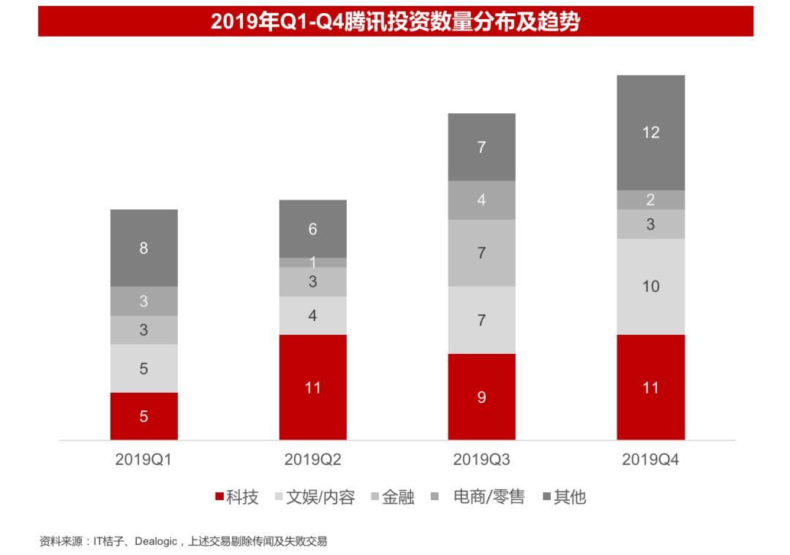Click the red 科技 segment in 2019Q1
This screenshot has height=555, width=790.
click(x=143, y=416)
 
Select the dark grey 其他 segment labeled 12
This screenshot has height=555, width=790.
click(x=650, y=132)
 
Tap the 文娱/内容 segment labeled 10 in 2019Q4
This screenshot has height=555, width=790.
click(x=650, y=286)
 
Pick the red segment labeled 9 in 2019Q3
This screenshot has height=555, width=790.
click(x=481, y=397)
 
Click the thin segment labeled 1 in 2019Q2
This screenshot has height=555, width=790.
click(x=312, y=263)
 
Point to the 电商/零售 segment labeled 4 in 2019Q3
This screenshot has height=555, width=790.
click(x=481, y=200)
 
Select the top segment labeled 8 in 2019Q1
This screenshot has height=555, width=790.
click(x=143, y=248)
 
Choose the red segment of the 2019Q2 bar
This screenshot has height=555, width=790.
click(x=312, y=388)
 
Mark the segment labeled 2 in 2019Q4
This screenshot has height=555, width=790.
click(x=650, y=200)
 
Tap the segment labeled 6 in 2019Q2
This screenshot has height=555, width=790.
click(x=312, y=229)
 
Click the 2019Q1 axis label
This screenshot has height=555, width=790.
click(x=143, y=460)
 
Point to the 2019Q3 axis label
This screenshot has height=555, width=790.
click(x=481, y=460)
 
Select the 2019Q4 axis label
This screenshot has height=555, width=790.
click(x=650, y=460)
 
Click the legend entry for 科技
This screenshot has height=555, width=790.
click(x=237, y=498)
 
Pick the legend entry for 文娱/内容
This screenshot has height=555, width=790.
click(x=315, y=498)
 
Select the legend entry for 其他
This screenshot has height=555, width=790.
click(x=564, y=498)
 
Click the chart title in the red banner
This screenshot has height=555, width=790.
click(x=395, y=22)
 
